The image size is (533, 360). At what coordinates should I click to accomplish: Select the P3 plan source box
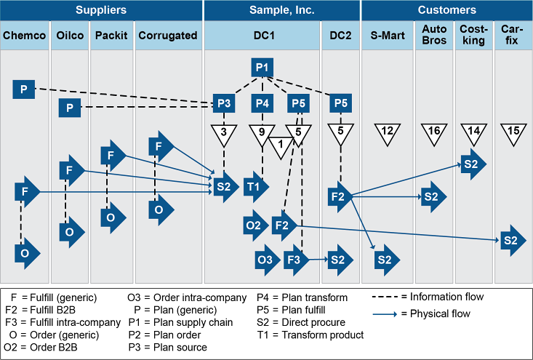tap(224, 104)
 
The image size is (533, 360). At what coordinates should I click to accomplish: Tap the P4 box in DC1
tap(263, 104)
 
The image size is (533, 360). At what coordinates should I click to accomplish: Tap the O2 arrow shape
tap(255, 225)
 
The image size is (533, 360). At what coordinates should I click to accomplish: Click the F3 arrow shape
tap(295, 259)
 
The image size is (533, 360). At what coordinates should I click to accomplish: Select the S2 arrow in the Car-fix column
tap(510, 241)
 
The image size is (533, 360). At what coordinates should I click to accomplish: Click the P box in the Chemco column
tap(24, 89)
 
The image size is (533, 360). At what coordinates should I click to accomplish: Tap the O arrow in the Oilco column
tap(70, 233)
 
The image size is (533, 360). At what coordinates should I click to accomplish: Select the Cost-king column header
tap(473, 35)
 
